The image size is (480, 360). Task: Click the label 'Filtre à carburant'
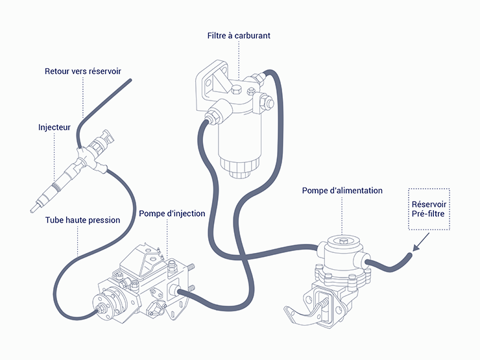[x=239, y=36]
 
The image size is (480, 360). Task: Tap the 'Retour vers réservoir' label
[x=82, y=71]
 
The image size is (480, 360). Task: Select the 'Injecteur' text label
[x=54, y=128]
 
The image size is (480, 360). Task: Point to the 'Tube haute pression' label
[x=82, y=220]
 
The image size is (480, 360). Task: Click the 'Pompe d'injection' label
[x=172, y=213]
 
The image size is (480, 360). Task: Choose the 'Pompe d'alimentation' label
[x=342, y=191]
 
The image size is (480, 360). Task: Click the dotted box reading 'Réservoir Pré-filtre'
[x=428, y=208]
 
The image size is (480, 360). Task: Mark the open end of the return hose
[x=130, y=80]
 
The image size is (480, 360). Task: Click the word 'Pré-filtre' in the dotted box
[x=428, y=213]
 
